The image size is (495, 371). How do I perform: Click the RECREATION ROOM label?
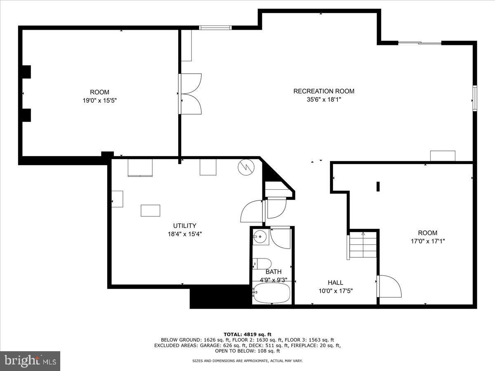click(323, 91)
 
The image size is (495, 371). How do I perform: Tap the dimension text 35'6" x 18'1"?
click(323, 100)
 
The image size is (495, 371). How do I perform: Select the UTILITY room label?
click(184, 225)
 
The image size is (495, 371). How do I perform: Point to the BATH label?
click(273, 272)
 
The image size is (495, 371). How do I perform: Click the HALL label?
click(335, 282)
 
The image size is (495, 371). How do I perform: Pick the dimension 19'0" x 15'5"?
click(99, 100)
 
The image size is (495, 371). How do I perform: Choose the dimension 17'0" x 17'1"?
click(427, 241)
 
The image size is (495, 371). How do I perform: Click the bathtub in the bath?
click(272, 293)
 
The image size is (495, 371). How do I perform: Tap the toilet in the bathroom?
click(262, 263)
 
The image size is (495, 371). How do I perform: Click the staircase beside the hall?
click(363, 245)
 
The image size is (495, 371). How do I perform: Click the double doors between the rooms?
click(190, 94)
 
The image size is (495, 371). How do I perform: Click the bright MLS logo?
click(30, 361)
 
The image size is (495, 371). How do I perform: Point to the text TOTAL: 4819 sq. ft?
click(247, 334)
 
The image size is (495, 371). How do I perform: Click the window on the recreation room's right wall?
click(475, 98)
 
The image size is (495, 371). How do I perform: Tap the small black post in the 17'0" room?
click(378, 186)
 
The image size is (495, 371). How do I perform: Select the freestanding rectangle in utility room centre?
click(151, 210)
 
